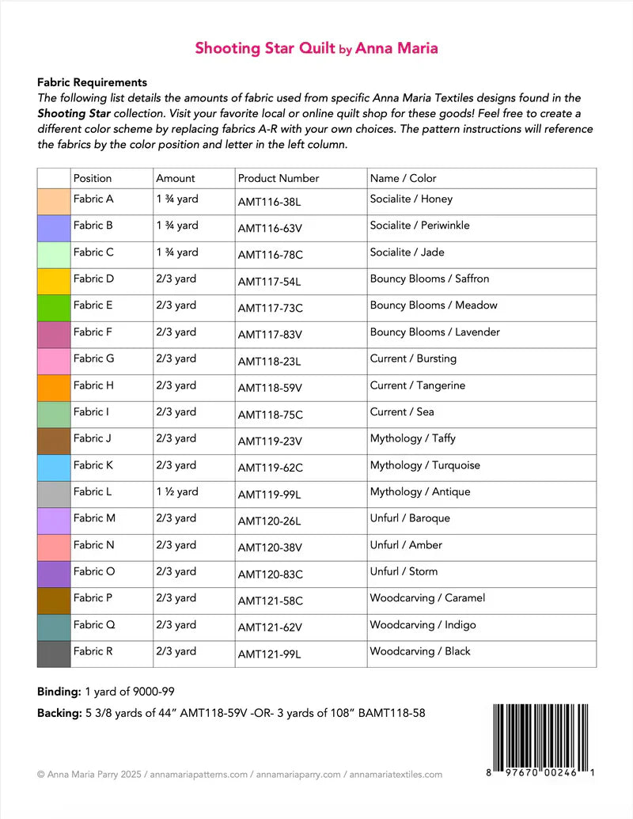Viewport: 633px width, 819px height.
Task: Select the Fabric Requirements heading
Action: tap(92, 82)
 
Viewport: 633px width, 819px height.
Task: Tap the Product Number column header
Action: tap(279, 179)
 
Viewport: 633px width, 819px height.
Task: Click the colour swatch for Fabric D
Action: tap(54, 282)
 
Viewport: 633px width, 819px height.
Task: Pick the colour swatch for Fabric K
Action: tap(54, 468)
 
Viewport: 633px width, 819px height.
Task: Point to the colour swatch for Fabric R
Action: tap(54, 654)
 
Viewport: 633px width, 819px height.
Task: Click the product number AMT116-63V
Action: tap(270, 229)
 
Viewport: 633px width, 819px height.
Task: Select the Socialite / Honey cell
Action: tap(411, 199)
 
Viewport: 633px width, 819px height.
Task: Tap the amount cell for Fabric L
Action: tap(177, 491)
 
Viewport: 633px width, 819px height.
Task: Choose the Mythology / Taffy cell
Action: tap(413, 438)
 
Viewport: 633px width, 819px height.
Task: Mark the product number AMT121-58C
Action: tap(270, 601)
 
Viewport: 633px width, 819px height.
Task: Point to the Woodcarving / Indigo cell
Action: tap(423, 625)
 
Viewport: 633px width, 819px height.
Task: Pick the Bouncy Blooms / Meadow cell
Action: tap(434, 305)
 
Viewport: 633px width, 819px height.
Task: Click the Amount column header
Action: tap(176, 179)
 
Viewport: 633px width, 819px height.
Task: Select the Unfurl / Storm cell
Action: tap(404, 571)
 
